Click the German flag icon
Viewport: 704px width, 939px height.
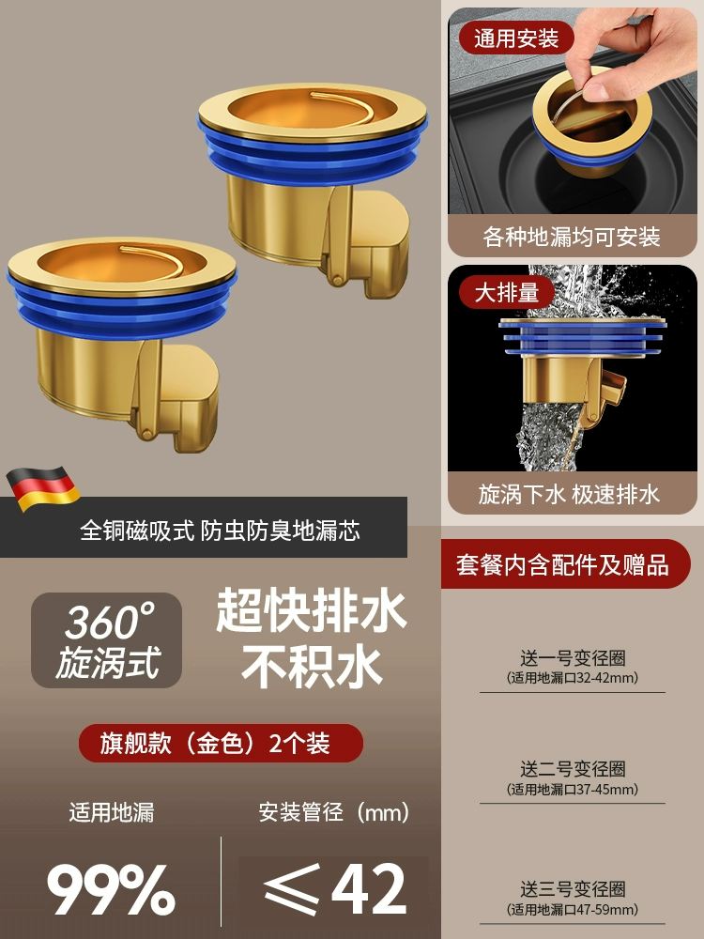pos(42,488)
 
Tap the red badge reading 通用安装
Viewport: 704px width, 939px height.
pos(516,38)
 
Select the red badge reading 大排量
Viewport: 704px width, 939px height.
pos(507,293)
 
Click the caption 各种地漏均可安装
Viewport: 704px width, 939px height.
pos(572,238)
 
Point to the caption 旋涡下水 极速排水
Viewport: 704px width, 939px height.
pos(569,495)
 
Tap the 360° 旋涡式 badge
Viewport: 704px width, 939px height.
pos(107,640)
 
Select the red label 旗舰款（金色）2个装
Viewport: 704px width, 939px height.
pos(221,743)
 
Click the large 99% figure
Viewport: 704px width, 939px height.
pos(112,889)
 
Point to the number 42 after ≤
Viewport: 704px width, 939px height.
pos(369,888)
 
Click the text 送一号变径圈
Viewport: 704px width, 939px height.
pos(573,658)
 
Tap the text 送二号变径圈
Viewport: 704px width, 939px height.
pos(573,769)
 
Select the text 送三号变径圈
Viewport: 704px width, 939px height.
pos(573,889)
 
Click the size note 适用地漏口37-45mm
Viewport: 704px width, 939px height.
pos(573,790)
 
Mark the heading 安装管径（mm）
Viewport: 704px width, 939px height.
pos(334,812)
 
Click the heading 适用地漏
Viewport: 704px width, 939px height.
pos(112,812)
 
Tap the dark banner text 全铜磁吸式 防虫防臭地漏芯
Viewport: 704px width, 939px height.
pos(221,531)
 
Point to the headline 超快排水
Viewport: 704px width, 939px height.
pos(312,611)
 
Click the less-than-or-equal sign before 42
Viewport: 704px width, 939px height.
pos(292,889)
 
